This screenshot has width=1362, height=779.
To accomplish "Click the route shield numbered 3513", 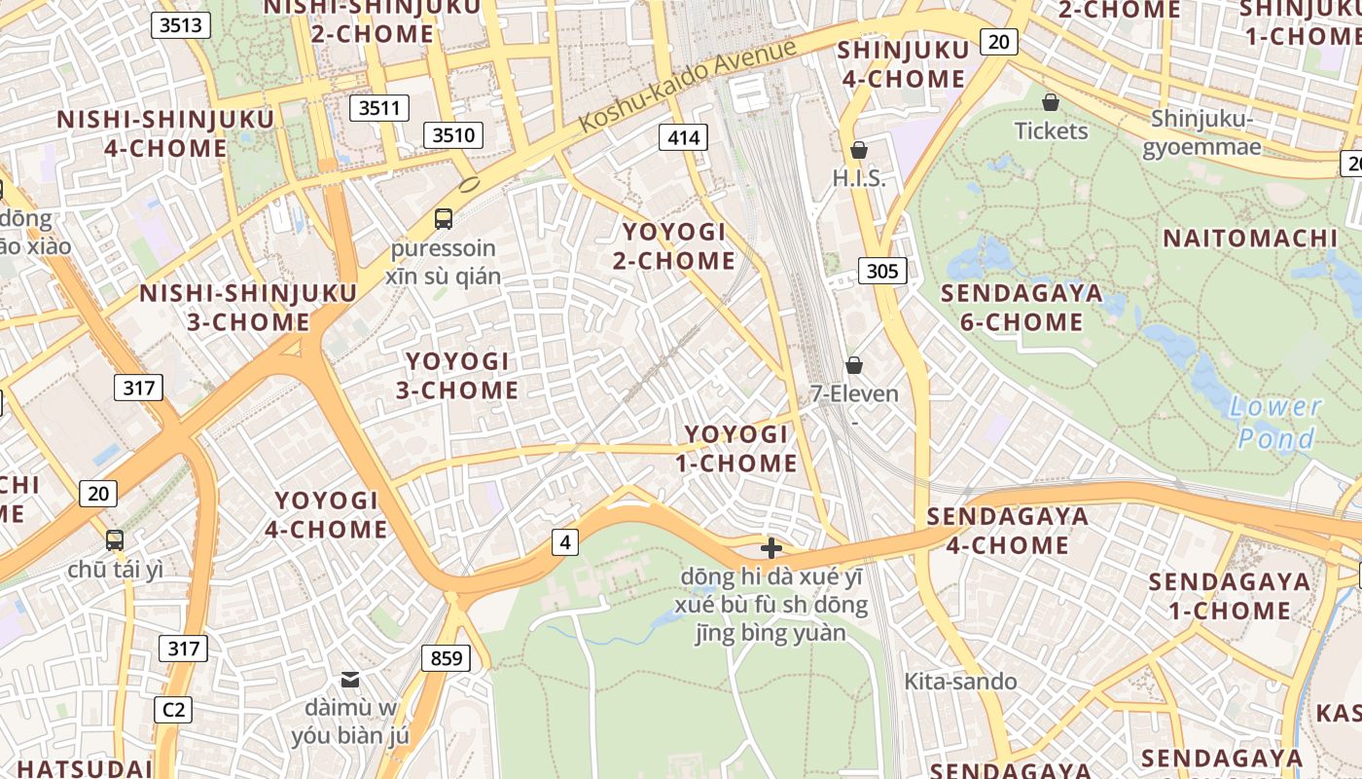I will pyautogui.click(x=181, y=25).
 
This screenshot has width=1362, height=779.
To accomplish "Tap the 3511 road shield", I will pyautogui.click(x=379, y=107).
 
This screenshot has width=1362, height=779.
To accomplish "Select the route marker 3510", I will pyautogui.click(x=453, y=134).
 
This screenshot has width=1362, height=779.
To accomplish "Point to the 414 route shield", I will pyautogui.click(x=683, y=137).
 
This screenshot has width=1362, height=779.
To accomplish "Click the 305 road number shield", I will pyautogui.click(x=882, y=271).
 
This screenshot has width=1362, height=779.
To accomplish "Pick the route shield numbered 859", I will pyautogui.click(x=447, y=658).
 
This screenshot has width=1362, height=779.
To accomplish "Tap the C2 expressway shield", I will pyautogui.click(x=174, y=709).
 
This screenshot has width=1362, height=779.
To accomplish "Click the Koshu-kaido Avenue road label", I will pyautogui.click(x=688, y=86).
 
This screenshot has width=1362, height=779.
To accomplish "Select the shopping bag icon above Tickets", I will pyautogui.click(x=1051, y=102).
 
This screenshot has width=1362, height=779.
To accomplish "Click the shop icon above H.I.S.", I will pyautogui.click(x=858, y=150).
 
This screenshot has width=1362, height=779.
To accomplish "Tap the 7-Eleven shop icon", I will pyautogui.click(x=853, y=365).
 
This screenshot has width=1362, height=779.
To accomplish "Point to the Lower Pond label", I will pyautogui.click(x=1275, y=422).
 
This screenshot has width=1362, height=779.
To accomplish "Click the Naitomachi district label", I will pyautogui.click(x=1250, y=238).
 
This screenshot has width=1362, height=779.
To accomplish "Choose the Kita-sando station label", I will pyautogui.click(x=960, y=681).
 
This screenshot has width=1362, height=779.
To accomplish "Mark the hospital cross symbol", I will pyautogui.click(x=771, y=548).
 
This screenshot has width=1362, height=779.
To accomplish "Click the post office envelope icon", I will pyautogui.click(x=350, y=679).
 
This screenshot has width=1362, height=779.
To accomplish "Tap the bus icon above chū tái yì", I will pyautogui.click(x=115, y=539).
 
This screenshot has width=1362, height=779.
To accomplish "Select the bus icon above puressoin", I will pyautogui.click(x=444, y=218).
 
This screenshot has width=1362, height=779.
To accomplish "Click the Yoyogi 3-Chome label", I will pyautogui.click(x=456, y=376).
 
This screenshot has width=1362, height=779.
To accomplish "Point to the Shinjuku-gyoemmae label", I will pyautogui.click(x=1202, y=132).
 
